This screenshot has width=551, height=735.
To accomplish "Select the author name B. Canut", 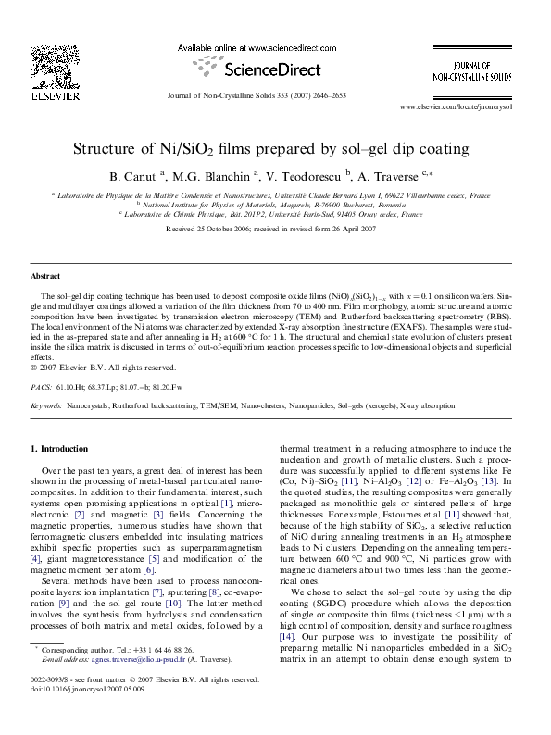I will (x=132, y=176).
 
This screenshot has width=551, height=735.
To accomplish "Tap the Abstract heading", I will (x=45, y=276).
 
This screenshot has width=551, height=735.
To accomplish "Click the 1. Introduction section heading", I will (x=59, y=449).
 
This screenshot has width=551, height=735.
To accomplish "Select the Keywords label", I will (x=46, y=405).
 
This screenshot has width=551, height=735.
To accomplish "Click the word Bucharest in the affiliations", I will (x=348, y=205).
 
